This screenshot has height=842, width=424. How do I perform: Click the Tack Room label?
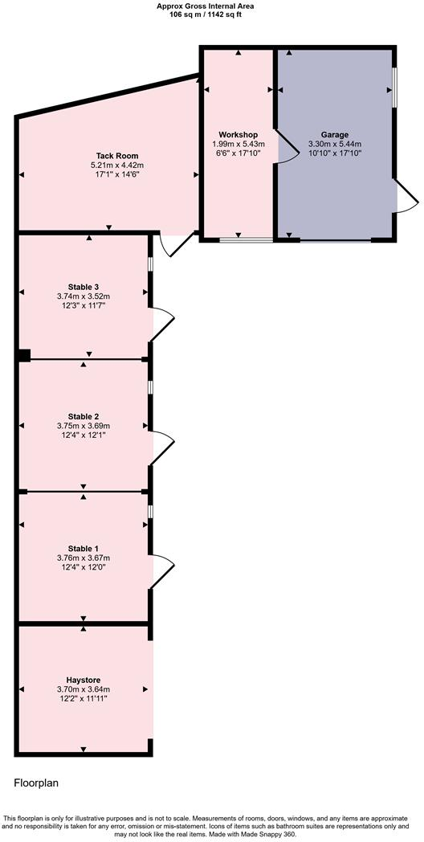click(x=110, y=156)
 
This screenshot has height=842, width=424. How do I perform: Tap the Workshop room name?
click(x=238, y=134)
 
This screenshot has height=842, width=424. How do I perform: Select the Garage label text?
click(x=335, y=134)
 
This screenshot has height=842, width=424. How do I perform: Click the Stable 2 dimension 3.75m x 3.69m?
click(x=84, y=425)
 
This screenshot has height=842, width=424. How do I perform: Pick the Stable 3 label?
click(x=84, y=286)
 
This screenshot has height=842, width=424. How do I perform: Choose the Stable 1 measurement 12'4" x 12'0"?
click(x=84, y=566)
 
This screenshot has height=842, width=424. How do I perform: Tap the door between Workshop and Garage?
click(x=284, y=145)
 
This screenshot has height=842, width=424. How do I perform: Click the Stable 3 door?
click(x=163, y=325)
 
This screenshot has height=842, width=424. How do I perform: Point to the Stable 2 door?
click(x=163, y=448)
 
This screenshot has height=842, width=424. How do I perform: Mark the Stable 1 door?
click(x=163, y=572)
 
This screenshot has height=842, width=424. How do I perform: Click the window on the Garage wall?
click(x=394, y=87)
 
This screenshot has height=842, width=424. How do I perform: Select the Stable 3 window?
click(x=151, y=264)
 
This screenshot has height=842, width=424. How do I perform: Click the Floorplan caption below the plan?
click(x=36, y=783)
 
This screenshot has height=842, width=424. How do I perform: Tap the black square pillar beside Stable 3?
click(x=23, y=355)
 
